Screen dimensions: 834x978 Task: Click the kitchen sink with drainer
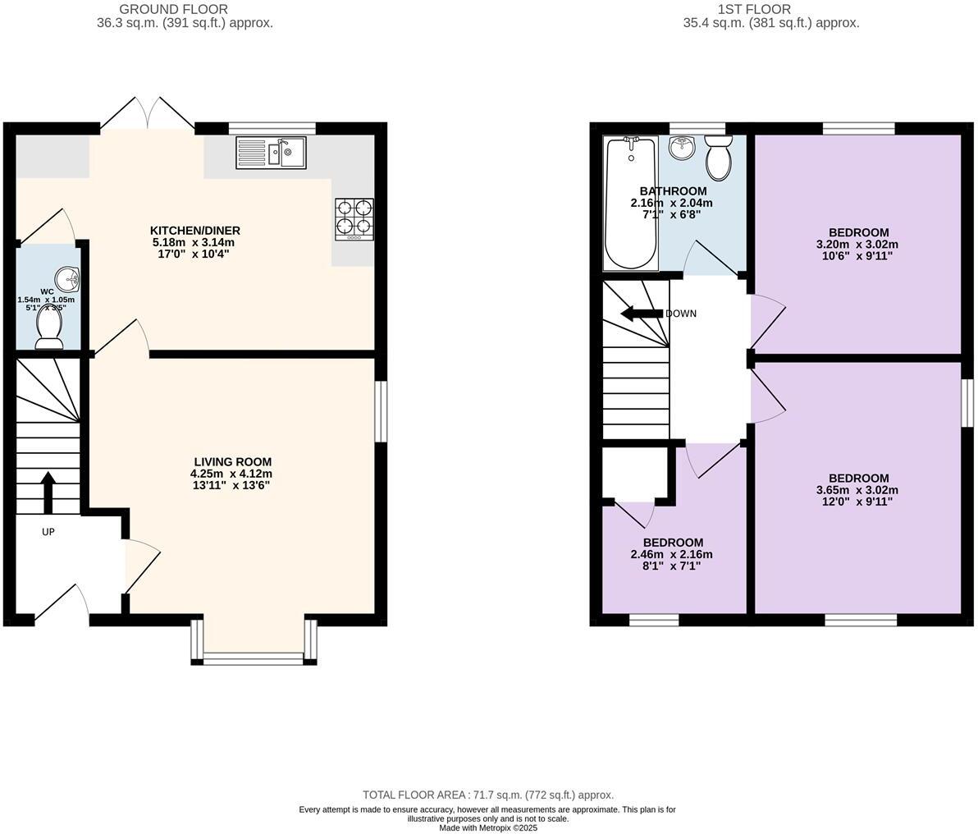point(271,153)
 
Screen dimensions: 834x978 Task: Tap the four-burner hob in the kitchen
point(354,219)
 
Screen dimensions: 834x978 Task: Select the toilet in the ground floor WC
point(49,332)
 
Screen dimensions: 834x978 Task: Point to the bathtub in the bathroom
point(631,204)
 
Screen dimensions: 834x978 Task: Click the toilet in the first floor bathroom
point(719,159)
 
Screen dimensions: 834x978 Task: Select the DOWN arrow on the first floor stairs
point(642,314)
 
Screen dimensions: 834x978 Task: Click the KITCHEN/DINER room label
point(194,231)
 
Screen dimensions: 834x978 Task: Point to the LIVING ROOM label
point(232,462)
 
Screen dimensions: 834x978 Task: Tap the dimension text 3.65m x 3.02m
point(857,490)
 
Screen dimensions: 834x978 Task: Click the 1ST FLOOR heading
point(754,9)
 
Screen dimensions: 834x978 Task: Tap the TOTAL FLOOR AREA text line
point(488,795)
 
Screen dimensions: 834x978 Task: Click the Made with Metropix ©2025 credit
point(488,827)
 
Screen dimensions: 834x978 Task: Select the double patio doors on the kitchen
point(148,115)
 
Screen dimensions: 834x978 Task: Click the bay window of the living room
point(254,657)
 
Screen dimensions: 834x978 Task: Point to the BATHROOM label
point(673,191)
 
